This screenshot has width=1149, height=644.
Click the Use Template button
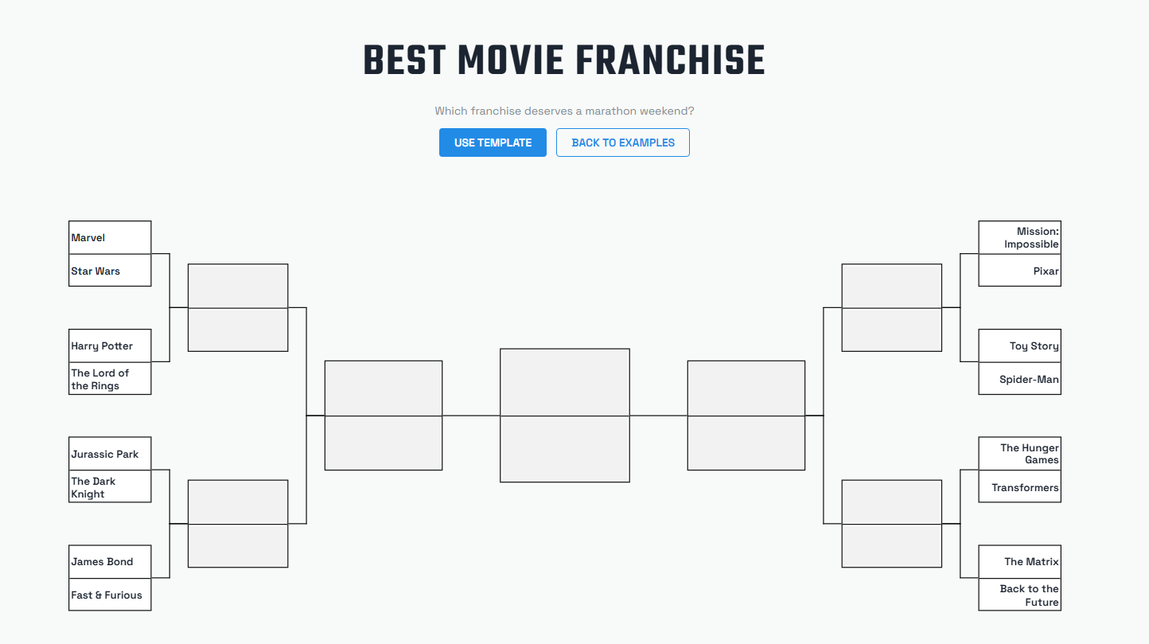493,142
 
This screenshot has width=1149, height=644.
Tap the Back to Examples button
622,142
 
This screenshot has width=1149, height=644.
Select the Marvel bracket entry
110,238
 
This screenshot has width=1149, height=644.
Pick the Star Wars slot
110,271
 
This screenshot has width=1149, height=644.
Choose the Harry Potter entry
110,346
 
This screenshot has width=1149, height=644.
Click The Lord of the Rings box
110,379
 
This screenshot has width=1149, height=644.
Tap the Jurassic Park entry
110,454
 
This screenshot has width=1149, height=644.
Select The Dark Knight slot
110,487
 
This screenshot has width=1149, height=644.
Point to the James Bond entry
110,562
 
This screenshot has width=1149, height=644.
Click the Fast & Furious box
110,595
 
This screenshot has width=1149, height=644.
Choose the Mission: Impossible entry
1019,238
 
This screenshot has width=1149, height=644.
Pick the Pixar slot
1019,271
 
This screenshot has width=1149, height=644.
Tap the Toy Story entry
1019,346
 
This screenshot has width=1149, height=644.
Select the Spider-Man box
1019,379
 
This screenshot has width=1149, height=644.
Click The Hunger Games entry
1019,454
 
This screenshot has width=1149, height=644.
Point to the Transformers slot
1019,487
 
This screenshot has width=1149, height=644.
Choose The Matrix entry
1019,562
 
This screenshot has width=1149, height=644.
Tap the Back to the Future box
1019,595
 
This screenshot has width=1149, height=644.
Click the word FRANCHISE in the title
670,61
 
